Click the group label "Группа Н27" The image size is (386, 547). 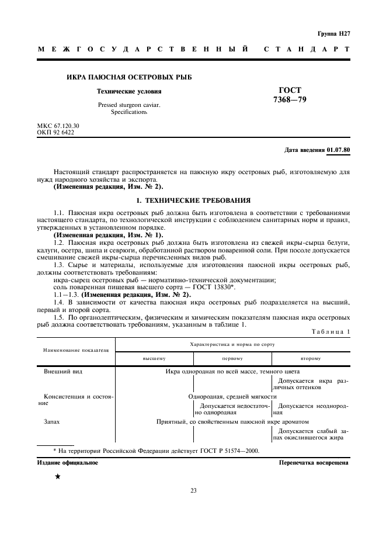(333, 34)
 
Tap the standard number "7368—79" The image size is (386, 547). (290, 99)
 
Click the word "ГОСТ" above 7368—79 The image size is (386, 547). (290, 90)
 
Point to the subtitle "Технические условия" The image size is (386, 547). (128, 92)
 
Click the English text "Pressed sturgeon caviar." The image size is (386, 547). (128, 105)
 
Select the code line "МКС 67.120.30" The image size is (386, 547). (58, 126)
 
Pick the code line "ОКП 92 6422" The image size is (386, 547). (55, 132)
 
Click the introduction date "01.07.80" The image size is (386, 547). (339, 150)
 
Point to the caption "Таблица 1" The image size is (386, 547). (331, 332)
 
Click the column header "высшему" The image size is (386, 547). (154, 358)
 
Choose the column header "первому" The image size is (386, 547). (232, 358)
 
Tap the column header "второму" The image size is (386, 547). (310, 358)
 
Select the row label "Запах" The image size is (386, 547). (52, 421)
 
